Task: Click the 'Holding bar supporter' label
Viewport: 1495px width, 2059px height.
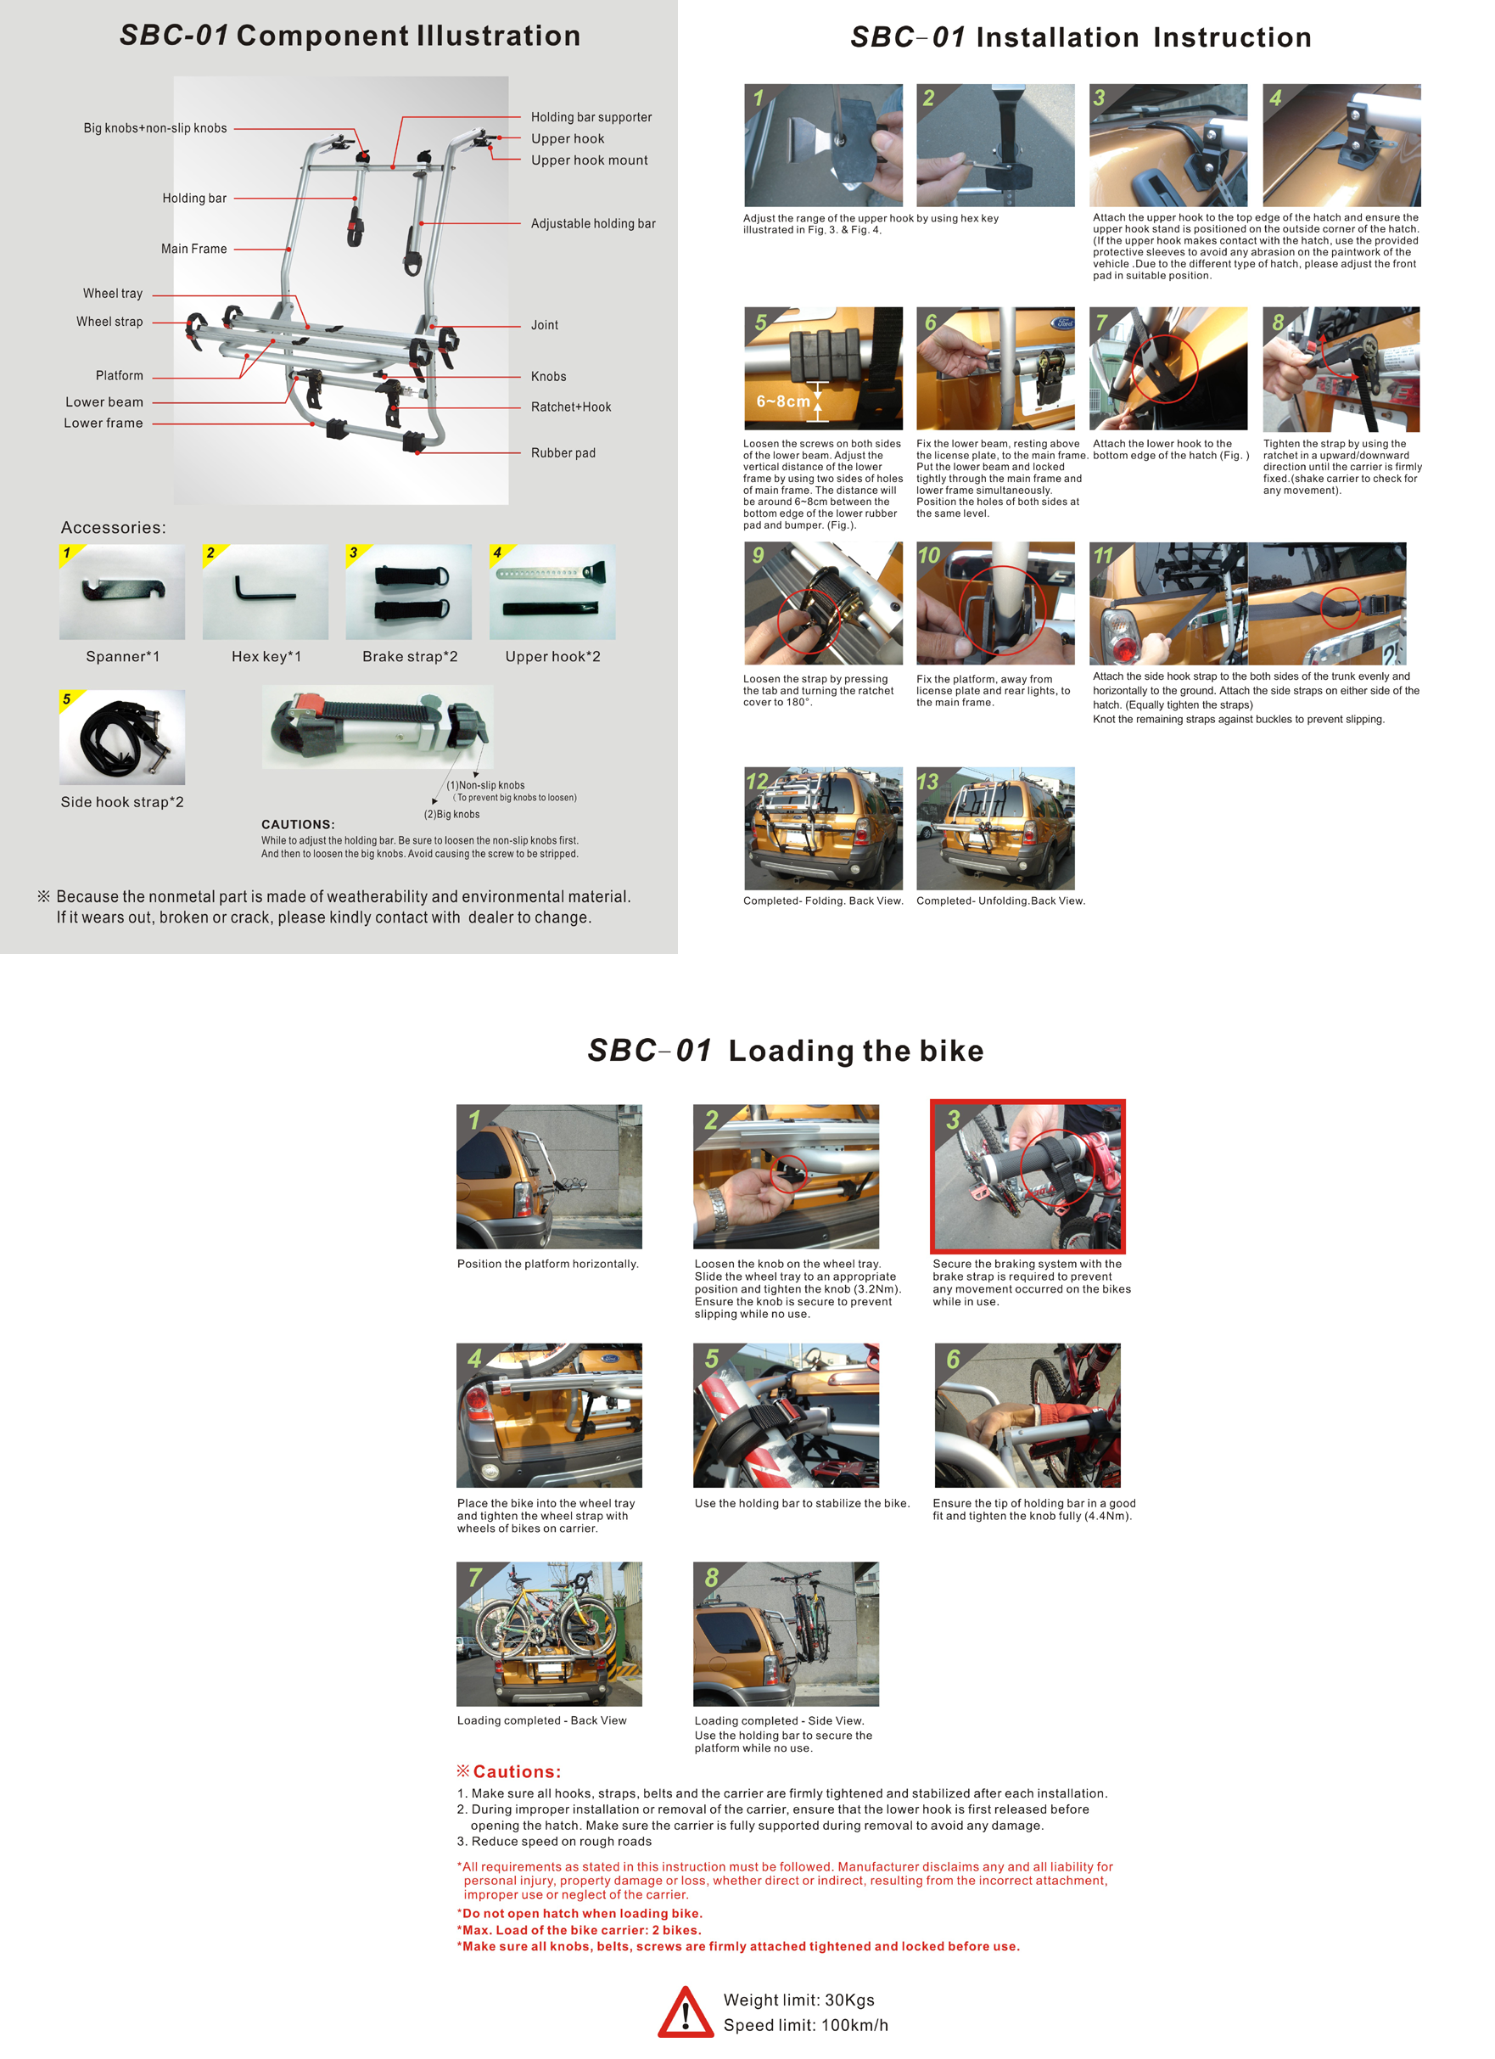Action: pos(591,117)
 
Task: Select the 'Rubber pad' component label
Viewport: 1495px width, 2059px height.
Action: pos(563,453)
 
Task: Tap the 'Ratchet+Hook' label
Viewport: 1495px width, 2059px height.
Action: pos(571,407)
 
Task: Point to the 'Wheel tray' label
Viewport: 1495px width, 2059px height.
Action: pos(113,294)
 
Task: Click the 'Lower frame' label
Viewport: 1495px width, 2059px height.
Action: pos(104,423)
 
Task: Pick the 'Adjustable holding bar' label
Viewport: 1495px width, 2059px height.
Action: pos(593,223)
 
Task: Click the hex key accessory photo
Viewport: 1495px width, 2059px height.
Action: pos(265,592)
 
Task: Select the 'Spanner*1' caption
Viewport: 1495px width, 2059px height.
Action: pos(122,656)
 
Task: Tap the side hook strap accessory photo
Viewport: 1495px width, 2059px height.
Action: pos(121,738)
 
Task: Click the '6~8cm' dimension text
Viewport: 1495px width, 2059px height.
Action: pos(783,401)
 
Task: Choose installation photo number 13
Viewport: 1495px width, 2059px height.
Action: pos(995,829)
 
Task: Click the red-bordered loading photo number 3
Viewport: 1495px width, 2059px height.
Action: pos(1027,1176)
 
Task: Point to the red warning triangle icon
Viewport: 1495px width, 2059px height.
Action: pos(686,2011)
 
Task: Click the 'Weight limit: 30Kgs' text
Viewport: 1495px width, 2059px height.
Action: pos(798,2000)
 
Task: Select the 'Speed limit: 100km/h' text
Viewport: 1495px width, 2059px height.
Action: pos(806,2025)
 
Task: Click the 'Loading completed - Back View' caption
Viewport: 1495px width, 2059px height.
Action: pos(542,1720)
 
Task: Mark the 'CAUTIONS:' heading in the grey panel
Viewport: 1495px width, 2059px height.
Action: pos(298,824)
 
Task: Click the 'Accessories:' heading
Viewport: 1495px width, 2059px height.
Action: pos(114,527)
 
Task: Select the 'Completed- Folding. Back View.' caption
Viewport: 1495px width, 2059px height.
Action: pos(823,900)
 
